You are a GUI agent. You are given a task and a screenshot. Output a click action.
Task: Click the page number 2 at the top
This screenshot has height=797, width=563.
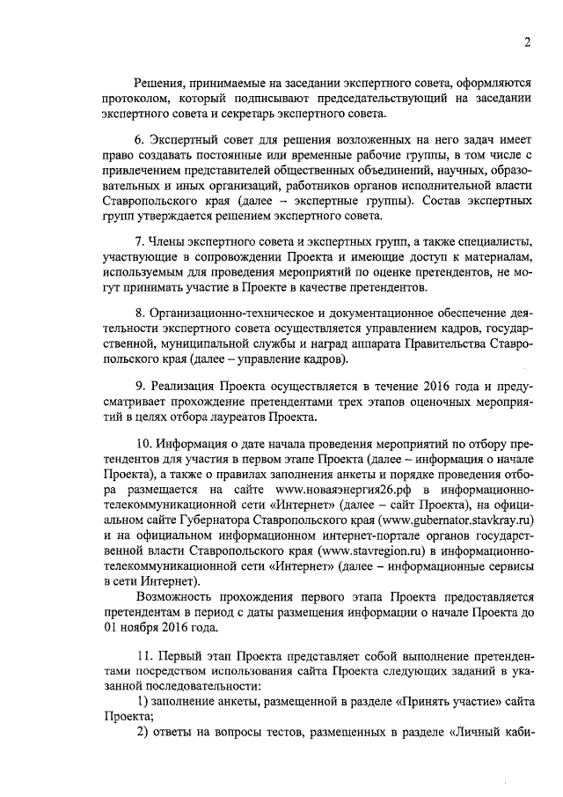527,42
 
